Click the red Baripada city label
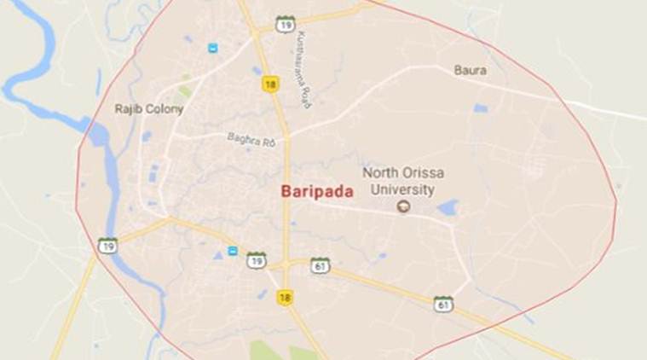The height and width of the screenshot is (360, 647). pos(316,193)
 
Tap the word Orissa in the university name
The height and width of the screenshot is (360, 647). pos(413,172)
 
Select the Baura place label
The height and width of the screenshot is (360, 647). pos(470,70)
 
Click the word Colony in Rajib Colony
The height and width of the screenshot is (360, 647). pos(165,109)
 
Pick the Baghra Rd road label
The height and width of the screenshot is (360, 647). pos(251,138)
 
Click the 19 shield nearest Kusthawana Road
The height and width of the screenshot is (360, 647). pos(286,24)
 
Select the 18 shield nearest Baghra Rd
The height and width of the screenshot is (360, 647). pos(271,84)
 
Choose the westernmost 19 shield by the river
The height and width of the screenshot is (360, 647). pos(107,245)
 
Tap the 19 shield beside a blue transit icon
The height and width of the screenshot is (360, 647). pos(256,260)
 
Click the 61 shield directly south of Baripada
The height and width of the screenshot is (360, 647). pos(320,264)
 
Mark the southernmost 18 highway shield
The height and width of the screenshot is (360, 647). pos(285,297)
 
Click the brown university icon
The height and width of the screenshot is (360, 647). pos(402,206)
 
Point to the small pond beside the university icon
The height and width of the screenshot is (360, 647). pos(448,206)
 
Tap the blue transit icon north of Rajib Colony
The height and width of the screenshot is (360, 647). pos(211,48)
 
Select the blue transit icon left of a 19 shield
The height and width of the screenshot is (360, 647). pos(232,251)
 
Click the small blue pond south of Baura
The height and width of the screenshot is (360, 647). pos(481,108)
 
